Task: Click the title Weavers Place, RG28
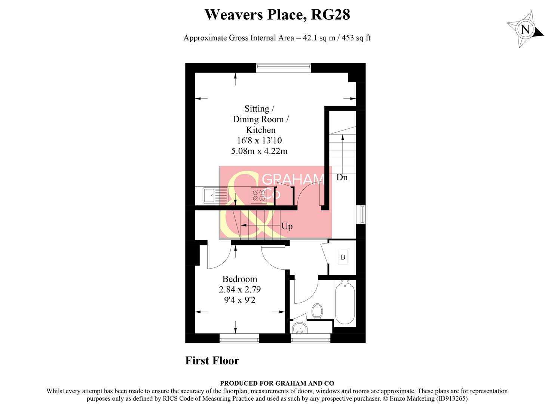click(277, 15)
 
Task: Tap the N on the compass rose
click(525, 29)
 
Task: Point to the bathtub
click(345, 303)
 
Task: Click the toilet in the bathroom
click(317, 311)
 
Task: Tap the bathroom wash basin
click(299, 328)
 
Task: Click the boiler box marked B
click(343, 257)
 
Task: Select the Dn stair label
click(342, 177)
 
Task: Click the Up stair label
click(287, 226)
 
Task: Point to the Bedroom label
click(239, 279)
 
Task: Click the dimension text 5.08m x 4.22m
click(259, 151)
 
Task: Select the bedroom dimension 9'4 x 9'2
click(239, 300)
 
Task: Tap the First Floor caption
click(212, 361)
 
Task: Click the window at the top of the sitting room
click(284, 67)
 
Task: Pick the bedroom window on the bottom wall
click(239, 339)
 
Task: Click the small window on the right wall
click(362, 215)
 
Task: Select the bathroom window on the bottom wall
click(311, 339)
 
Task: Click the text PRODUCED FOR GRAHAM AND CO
click(277, 383)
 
